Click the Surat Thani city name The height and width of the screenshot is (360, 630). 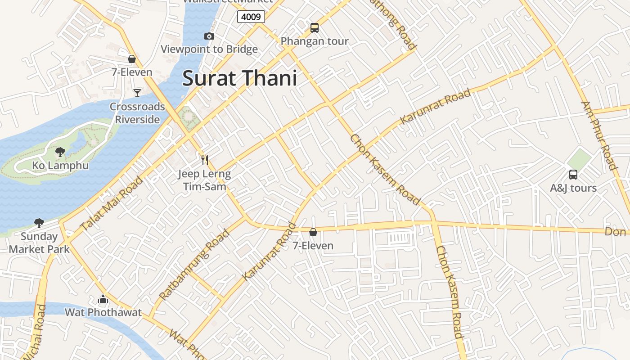click(x=239, y=78)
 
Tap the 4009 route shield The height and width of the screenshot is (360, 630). click(x=251, y=17)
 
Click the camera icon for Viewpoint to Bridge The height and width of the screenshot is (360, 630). click(x=209, y=36)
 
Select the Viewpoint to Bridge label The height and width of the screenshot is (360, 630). click(x=209, y=49)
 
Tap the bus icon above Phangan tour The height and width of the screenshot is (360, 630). click(x=315, y=28)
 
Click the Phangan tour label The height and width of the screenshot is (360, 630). click(x=315, y=41)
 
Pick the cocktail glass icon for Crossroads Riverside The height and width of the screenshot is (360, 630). click(x=137, y=93)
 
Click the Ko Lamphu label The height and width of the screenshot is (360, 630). click(x=60, y=166)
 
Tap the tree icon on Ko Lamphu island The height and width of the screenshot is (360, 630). click(x=60, y=152)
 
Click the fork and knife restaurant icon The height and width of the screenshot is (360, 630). click(x=205, y=160)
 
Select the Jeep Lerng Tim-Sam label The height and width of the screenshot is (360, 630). click(x=204, y=180)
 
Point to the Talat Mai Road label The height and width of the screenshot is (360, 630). click(x=112, y=203)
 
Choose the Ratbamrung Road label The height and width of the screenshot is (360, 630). click(x=194, y=264)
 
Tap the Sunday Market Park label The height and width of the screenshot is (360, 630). click(x=39, y=243)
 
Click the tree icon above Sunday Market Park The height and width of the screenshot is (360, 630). click(x=39, y=223)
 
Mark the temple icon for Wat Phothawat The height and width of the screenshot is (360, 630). click(x=103, y=299)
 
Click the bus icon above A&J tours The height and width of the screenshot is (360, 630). click(x=573, y=175)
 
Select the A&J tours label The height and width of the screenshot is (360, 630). click(x=573, y=188)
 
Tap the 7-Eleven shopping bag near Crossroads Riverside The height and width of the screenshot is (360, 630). click(x=132, y=59)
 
